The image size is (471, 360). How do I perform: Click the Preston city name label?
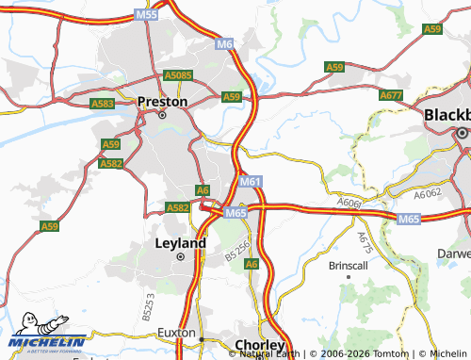click(163, 101)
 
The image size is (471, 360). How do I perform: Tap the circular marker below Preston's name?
click(162, 115)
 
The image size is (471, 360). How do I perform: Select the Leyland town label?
click(179, 242)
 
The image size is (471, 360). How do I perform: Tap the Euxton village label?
click(177, 335)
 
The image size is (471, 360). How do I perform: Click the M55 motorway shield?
click(146, 14)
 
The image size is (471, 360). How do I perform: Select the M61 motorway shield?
click(250, 181)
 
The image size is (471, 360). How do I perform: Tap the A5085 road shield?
click(178, 75)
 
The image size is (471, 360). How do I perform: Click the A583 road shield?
click(103, 103)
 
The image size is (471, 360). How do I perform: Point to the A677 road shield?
click(390, 95)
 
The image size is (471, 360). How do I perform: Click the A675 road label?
click(365, 241)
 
